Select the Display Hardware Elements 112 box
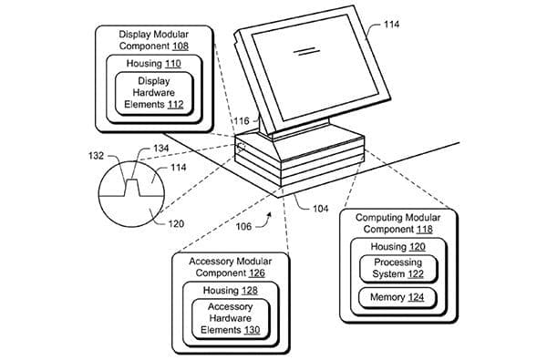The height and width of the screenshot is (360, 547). (156, 93)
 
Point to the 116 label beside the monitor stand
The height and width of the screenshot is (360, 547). (241, 120)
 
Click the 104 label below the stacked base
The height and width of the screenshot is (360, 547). (321, 209)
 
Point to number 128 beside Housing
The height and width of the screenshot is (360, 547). (247, 290)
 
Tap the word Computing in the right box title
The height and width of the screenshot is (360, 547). (376, 219)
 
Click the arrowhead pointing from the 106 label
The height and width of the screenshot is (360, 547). (269, 215)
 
